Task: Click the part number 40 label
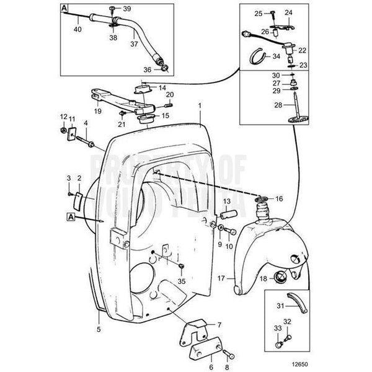[x=77, y=29]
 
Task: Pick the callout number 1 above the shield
[x=200, y=106]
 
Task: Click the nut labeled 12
[x=64, y=130]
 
